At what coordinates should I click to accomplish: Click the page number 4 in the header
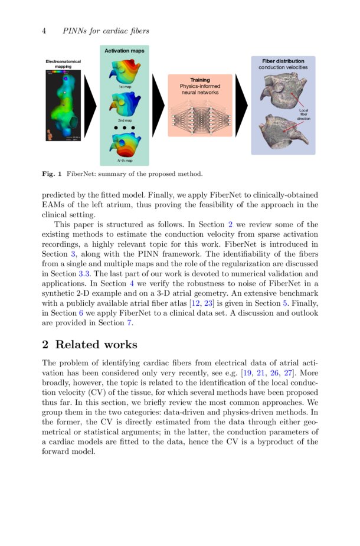click(44, 31)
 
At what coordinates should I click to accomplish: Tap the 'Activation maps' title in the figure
click(125, 51)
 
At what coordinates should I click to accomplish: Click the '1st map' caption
click(125, 87)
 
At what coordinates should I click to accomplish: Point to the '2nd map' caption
click(125, 120)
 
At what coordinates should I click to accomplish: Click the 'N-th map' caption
click(125, 160)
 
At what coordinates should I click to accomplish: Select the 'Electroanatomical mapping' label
click(63, 64)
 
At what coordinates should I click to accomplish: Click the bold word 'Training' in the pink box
click(199, 80)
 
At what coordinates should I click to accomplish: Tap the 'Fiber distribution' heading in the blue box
click(283, 61)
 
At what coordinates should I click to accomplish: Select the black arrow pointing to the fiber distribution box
click(241, 106)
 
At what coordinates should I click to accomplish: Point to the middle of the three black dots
click(125, 127)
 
